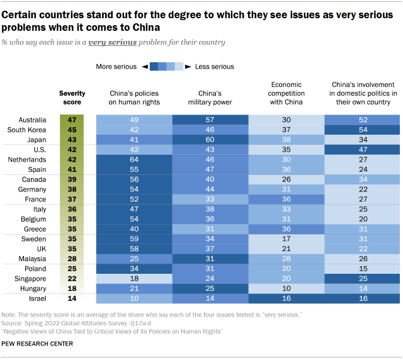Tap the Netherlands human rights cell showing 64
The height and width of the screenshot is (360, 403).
click(134, 160)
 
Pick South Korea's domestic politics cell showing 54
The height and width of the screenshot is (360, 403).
click(363, 130)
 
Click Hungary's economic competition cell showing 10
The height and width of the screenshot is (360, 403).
click(287, 288)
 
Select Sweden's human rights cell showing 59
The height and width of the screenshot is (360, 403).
click(134, 239)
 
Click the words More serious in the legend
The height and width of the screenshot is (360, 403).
click(115, 66)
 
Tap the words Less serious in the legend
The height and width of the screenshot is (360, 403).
click(215, 66)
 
